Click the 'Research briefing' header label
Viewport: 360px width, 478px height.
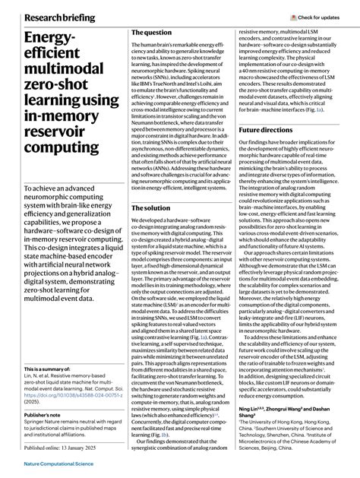tap(59, 17)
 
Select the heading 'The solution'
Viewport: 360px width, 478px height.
tap(151, 207)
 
